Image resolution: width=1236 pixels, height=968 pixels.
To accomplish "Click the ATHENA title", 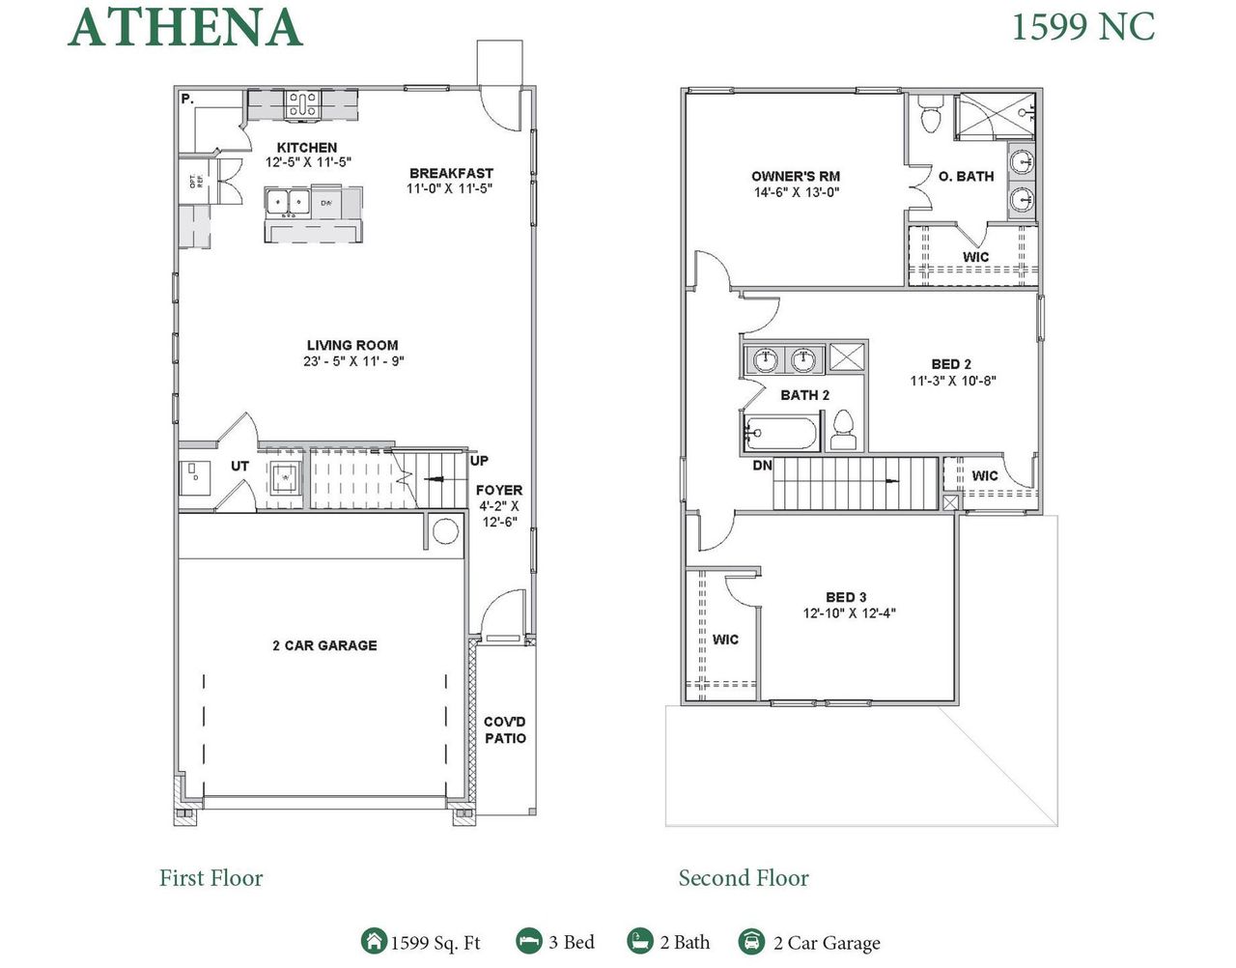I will click(185, 28).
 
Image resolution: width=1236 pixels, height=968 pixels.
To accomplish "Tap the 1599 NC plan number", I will click(1082, 26).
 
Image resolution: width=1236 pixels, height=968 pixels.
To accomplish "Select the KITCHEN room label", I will click(307, 148).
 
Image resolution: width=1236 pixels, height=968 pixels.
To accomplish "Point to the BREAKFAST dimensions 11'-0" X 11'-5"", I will click(450, 189).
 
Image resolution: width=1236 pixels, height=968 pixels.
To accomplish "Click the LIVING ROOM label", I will click(352, 345).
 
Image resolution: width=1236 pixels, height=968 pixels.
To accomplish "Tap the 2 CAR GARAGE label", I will click(324, 645).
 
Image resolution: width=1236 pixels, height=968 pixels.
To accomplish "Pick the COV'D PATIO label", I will click(505, 730).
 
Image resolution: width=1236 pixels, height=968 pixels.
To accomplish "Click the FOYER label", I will click(499, 490).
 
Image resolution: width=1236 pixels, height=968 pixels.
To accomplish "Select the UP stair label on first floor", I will click(479, 461).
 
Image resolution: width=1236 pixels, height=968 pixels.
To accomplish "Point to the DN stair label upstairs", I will click(762, 466).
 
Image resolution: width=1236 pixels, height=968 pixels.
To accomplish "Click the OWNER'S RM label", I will click(796, 176).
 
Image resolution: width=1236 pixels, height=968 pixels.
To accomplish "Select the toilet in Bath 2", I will click(843, 430).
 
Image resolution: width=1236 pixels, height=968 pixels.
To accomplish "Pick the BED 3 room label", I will click(846, 597).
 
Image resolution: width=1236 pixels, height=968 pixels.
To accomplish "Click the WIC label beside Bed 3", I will click(725, 640).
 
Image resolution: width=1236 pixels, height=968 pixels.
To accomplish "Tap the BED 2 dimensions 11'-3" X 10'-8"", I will click(952, 381).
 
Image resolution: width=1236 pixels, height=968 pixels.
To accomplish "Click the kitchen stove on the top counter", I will click(302, 104).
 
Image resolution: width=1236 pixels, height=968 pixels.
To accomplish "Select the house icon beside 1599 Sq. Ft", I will click(373, 941).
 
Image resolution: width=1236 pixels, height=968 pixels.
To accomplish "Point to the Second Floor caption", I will click(744, 878).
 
